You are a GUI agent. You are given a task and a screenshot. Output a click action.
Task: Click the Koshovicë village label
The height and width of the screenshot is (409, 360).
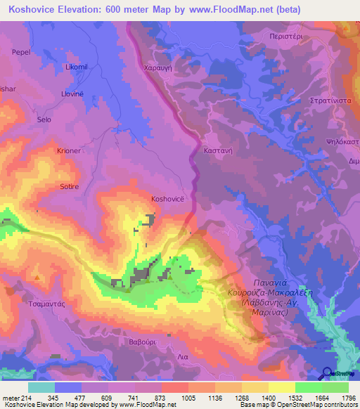click(168, 199)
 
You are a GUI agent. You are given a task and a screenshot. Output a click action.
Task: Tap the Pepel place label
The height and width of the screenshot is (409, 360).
click(20, 52)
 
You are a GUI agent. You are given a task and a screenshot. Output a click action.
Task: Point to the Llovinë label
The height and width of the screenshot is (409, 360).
click(72, 93)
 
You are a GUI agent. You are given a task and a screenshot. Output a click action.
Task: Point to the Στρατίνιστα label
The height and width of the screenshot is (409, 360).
click(331, 100)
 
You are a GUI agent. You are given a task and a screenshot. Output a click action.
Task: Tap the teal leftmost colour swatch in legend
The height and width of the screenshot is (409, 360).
click(41, 387)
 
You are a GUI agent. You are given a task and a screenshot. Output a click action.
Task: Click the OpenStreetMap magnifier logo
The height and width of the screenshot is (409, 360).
click(327, 373)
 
